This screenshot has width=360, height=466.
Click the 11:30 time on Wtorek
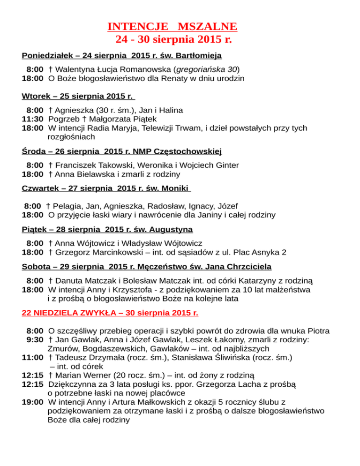point(33,120)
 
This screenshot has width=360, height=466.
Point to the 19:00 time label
point(33,402)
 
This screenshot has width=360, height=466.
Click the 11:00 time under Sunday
point(33,357)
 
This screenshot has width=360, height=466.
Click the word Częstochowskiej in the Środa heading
point(187,151)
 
